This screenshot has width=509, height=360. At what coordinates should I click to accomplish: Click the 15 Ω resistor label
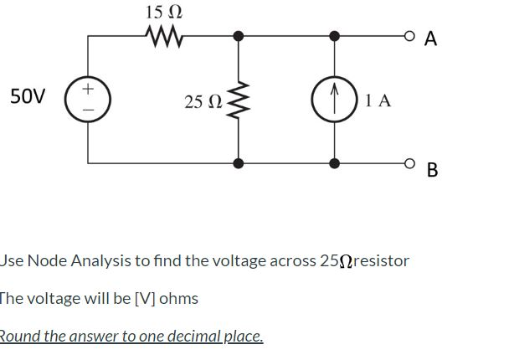pos(163,12)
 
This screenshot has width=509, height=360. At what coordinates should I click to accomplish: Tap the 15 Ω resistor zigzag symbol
pos(164,36)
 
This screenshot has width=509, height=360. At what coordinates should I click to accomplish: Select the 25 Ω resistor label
pos(203,101)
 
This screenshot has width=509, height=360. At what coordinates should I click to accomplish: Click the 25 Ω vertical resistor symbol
pos(239,100)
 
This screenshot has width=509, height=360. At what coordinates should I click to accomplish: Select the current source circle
pos(333,100)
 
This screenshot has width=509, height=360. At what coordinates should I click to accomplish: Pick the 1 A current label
pos(378,100)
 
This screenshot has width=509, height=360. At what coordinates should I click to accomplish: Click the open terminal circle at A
pos(409,36)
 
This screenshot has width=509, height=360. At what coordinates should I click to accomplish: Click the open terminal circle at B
pos(409,163)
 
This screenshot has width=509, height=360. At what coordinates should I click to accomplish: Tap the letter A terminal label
pos(430,38)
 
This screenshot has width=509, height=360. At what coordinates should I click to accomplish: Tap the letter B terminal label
pos(432,170)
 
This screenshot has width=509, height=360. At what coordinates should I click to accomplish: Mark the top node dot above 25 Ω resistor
pos(239,36)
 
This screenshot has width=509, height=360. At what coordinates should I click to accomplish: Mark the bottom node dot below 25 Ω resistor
pos(239,163)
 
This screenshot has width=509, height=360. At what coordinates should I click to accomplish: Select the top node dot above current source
pos(334,36)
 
